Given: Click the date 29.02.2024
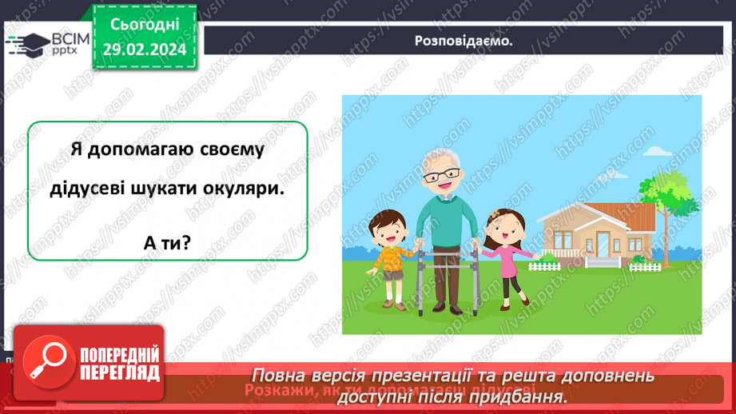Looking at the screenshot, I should [x=144, y=50].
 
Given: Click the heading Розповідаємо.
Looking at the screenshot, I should [x=463, y=41].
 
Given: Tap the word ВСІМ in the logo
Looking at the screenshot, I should [x=68, y=38].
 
